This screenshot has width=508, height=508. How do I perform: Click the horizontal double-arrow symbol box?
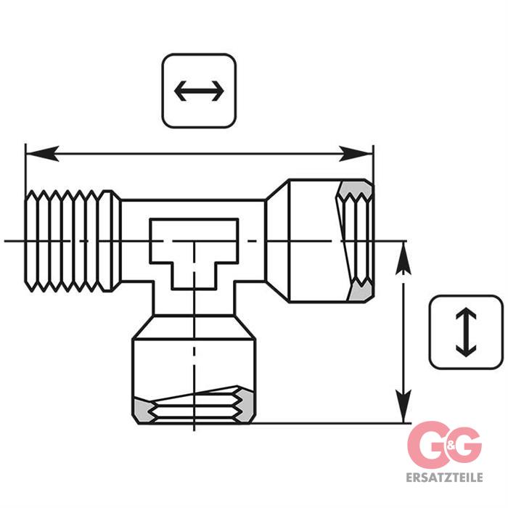(200, 91)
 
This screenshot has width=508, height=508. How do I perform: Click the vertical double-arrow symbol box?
(465, 332)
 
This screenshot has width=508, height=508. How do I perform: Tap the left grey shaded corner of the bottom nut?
(144, 413)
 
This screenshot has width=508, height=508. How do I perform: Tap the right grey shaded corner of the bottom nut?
(246, 412)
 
